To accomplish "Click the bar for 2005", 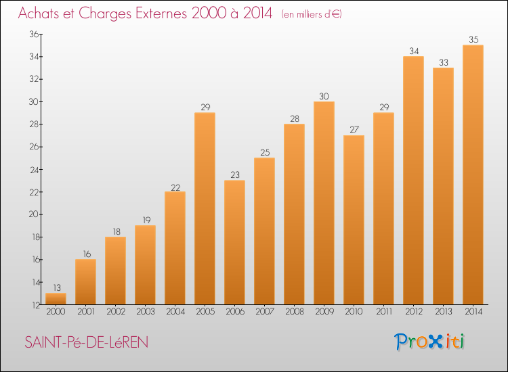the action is (205, 208).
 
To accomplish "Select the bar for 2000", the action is (56, 298).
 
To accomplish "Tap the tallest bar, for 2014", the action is (473, 175).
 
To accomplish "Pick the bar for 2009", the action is (324, 203).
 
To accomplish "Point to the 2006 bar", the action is (234, 242).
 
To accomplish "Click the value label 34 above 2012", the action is (414, 51).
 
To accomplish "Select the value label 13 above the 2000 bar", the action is (57, 287).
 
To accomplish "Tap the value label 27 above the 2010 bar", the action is (354, 129).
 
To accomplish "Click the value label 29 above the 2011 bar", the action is (384, 107).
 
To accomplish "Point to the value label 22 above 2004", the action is (175, 187).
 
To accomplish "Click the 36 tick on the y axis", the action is (34, 34).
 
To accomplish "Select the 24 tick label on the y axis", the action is (35, 170).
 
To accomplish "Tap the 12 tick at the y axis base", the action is (36, 305).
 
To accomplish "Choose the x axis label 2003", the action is (146, 312).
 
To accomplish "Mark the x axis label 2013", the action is (444, 312).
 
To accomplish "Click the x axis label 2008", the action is (295, 312).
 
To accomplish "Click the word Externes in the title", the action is (161, 14).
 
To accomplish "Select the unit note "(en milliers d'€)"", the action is (312, 14).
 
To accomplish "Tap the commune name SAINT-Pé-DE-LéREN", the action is (87, 342).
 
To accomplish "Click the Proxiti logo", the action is (429, 342).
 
